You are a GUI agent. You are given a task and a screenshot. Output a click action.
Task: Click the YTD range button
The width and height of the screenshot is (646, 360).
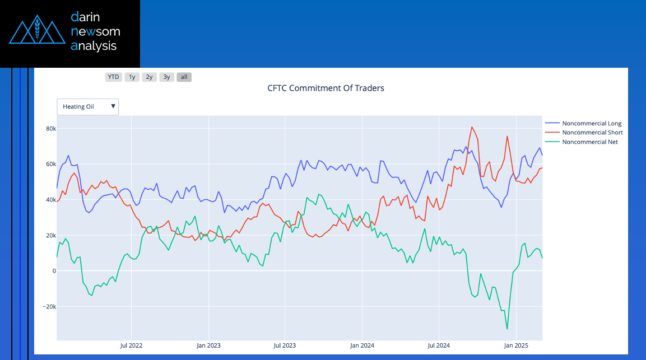(x=114, y=77)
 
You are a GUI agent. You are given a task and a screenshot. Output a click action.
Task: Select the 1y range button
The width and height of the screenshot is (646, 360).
(x=132, y=77)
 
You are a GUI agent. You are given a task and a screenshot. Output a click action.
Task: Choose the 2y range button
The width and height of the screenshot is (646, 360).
(x=149, y=77)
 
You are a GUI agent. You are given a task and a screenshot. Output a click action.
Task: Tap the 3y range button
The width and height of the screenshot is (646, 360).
(x=166, y=77)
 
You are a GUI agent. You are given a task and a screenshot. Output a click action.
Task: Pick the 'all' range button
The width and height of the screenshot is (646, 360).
(x=184, y=77)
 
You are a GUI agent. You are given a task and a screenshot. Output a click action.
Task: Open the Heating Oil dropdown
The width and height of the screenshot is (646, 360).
(x=88, y=106)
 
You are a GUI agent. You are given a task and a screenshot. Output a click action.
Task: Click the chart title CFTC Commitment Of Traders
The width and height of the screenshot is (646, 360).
(x=326, y=88)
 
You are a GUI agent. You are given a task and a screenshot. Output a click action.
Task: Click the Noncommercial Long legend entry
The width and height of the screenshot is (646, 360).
(x=591, y=123)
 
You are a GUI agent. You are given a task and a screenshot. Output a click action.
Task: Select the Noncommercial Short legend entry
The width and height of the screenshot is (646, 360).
(x=592, y=133)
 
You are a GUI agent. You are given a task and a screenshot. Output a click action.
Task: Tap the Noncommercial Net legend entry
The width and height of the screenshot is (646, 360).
(x=590, y=142)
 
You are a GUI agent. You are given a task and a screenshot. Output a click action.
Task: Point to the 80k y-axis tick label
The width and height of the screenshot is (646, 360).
(x=51, y=129)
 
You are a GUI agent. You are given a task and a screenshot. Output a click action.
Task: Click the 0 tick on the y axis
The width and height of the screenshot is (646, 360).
(x=54, y=271)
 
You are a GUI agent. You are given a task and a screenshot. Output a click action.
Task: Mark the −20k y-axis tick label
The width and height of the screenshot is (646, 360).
(x=49, y=307)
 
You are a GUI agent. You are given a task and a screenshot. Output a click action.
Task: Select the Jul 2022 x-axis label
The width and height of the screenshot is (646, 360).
(x=131, y=345)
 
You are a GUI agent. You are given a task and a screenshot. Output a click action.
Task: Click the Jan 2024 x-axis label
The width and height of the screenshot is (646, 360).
(x=361, y=345)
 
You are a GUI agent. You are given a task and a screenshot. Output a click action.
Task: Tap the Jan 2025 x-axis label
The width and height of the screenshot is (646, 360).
(x=515, y=345)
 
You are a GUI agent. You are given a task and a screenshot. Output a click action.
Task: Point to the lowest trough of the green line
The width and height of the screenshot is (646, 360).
(x=507, y=329)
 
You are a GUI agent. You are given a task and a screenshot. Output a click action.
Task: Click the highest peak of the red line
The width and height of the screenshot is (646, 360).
(x=472, y=127)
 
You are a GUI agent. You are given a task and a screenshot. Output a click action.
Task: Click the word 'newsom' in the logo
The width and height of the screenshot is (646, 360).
(x=95, y=31)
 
